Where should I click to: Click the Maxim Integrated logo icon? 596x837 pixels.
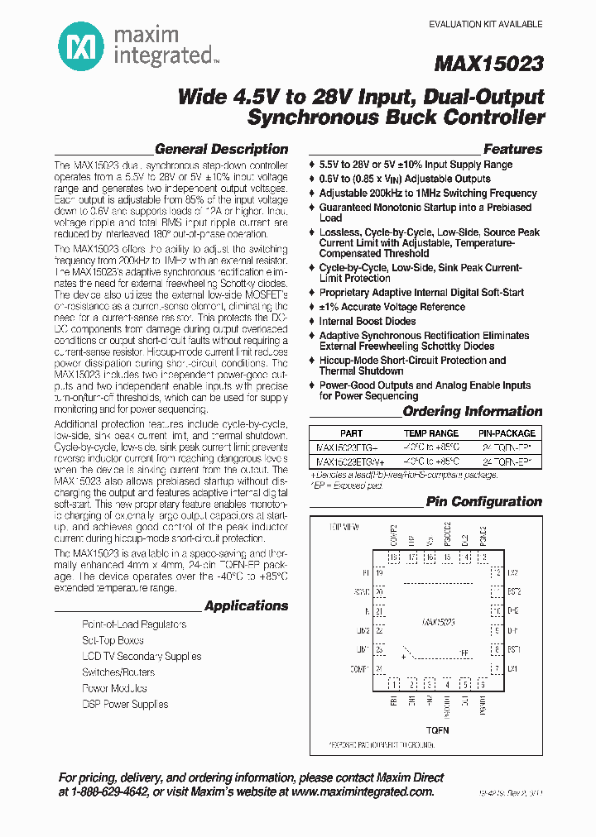pos(81,44)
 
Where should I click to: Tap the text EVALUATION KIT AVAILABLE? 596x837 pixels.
pos(485,25)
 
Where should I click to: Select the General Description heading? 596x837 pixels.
pos(221,150)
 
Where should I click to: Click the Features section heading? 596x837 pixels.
pos(512,150)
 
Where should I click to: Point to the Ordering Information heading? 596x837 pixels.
pos(472,412)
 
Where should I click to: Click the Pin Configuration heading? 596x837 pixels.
pos(483,502)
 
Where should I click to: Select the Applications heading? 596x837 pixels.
pos(246,606)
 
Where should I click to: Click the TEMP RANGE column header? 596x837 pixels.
pos(430,433)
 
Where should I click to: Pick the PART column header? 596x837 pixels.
pos(351,433)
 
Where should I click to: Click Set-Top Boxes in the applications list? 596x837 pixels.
pos(113,641)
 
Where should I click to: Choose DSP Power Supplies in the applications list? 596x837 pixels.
pos(125,705)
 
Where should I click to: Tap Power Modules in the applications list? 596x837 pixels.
pos(114,689)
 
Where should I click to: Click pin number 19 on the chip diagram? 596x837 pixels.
pos(380,572)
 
